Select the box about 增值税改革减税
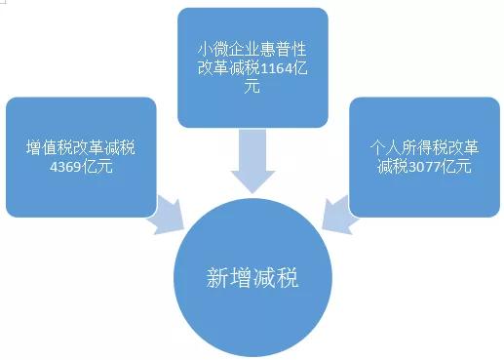[81, 157]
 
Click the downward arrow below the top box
[252, 160]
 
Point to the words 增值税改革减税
[81, 148]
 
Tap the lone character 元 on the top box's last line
[252, 87]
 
